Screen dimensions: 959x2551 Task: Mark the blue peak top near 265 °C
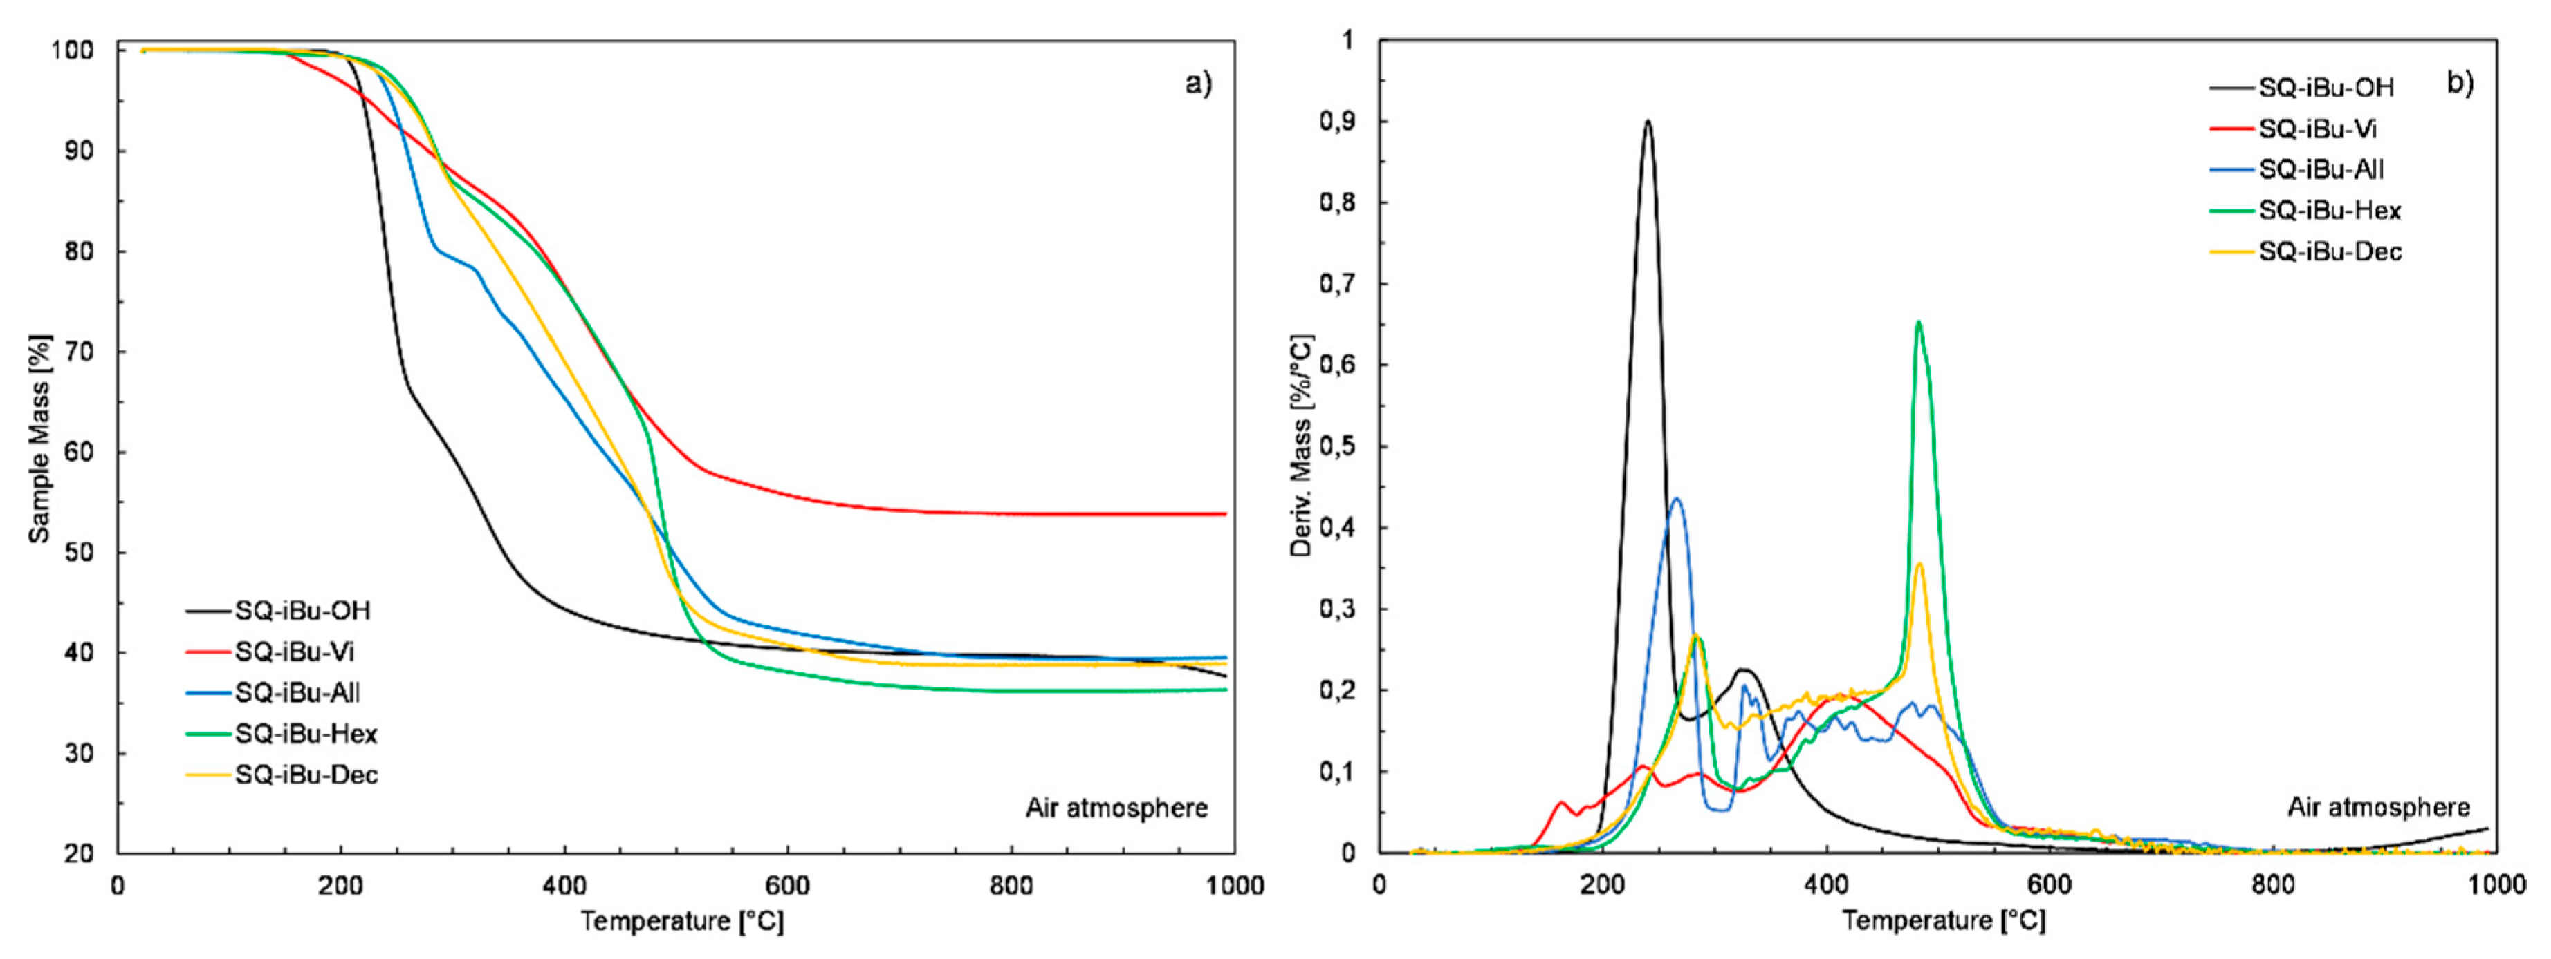pyautogui.click(x=1675, y=499)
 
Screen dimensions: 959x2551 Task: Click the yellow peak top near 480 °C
pyautogui.click(x=1919, y=564)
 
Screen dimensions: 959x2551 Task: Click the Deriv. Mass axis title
pyautogui.click(x=1301, y=446)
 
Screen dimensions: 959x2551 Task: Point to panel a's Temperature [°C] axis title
pyautogui.click(x=682, y=922)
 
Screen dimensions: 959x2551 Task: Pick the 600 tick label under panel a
pyautogui.click(x=787, y=885)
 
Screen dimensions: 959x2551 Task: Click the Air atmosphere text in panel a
pyautogui.click(x=1116, y=808)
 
